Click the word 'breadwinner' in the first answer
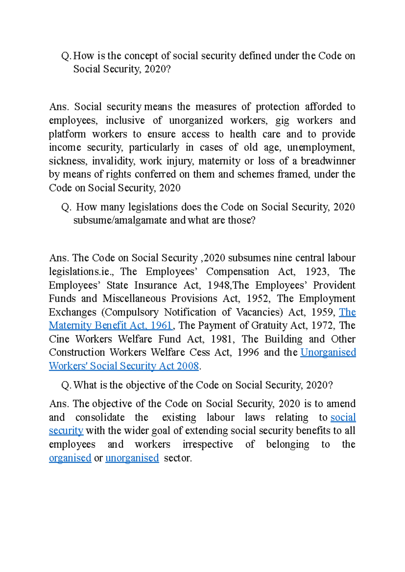coord(328,161)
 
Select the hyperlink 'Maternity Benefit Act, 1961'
coord(111,325)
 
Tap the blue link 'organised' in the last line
coord(70,458)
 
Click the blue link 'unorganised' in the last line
coord(132,458)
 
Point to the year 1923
coord(316,271)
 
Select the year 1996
coord(248,352)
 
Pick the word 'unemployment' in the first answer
coord(320,147)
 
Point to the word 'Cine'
coord(59,339)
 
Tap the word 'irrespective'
coord(208,444)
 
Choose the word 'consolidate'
coord(100,417)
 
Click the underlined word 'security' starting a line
coord(66,431)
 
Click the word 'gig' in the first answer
coord(282,120)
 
